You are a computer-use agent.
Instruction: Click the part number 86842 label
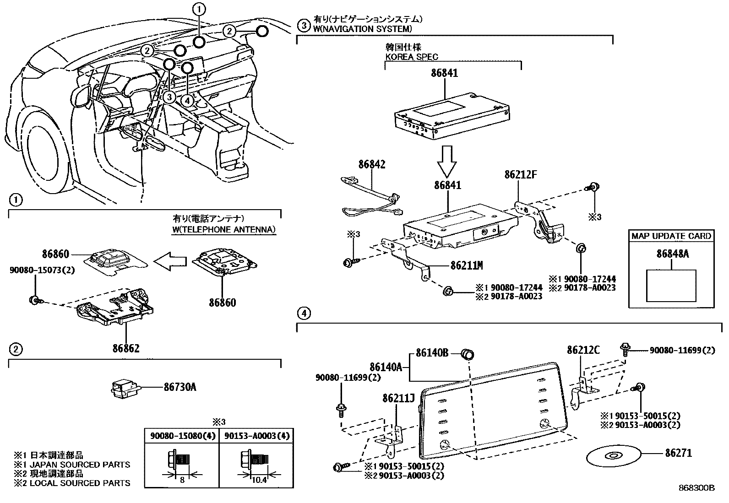pos(372,165)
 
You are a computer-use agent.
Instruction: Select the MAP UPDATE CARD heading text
pos(671,237)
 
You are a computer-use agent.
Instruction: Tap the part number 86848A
pos(672,254)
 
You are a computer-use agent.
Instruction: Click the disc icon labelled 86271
pos(613,455)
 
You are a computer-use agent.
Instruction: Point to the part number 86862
pos(126,348)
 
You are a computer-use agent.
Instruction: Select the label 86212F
pos(520,174)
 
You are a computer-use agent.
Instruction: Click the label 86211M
pos(466,265)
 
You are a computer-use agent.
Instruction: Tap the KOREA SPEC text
pos(411,57)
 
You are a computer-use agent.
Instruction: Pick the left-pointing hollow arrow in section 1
pos(170,261)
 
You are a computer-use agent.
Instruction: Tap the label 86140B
pos(432,353)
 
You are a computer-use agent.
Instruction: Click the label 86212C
pos(583,350)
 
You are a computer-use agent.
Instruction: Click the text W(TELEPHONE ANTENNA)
pos(224,230)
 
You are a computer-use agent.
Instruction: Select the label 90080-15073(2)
pos(42,270)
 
